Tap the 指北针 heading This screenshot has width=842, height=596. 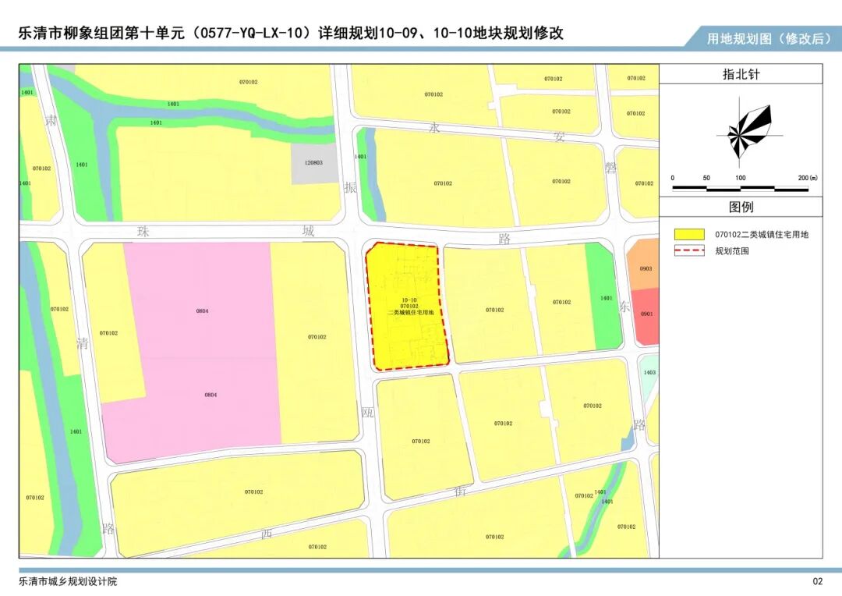741,74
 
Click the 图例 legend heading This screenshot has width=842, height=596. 741,207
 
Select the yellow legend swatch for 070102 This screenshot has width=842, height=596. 689,234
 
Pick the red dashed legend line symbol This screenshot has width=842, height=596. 689,251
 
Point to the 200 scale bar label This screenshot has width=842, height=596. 806,178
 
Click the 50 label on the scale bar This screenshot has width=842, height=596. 706,178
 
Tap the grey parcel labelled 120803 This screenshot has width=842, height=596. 313,163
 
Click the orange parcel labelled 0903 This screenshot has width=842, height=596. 646,268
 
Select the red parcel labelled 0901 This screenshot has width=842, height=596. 646,314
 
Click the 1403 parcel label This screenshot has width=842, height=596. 649,373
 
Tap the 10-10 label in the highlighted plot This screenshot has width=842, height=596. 409,300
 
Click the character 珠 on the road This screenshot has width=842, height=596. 143,232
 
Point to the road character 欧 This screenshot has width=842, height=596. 368,412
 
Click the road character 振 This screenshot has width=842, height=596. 351,188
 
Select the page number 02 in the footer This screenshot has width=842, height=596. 817,581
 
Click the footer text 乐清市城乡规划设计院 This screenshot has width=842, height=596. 68,581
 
